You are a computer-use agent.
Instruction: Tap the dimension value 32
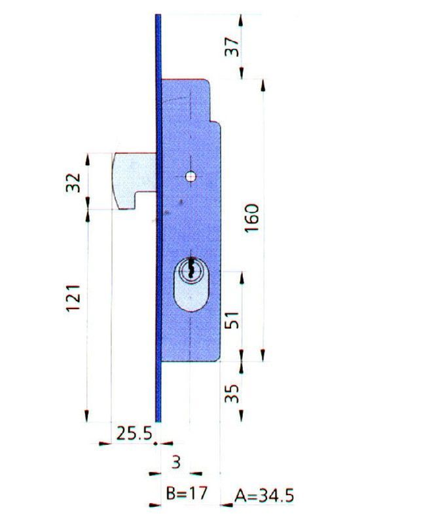[75, 181]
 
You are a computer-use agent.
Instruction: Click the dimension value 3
[175, 462]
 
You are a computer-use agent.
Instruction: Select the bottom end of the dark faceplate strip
[158, 420]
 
